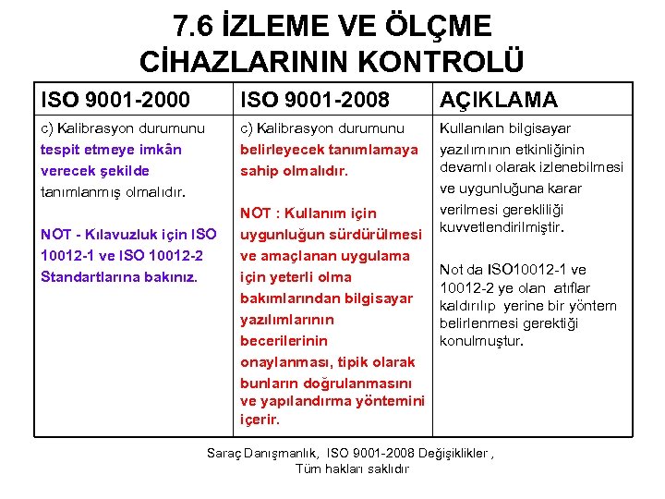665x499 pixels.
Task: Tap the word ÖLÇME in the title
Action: click(441, 25)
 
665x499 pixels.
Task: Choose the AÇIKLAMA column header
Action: click(499, 99)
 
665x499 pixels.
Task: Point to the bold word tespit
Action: click(62, 150)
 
